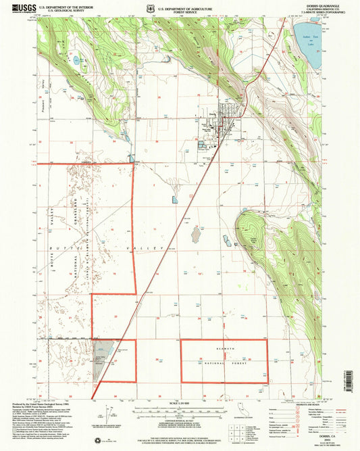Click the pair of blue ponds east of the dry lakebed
[x=227, y=240]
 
